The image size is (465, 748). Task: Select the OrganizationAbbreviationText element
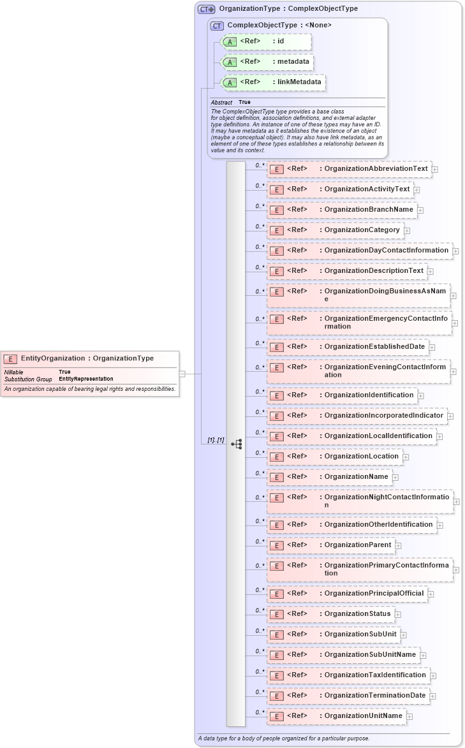349,169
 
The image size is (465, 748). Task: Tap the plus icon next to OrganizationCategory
407,230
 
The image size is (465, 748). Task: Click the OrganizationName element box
329,477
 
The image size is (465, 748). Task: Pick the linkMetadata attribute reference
273,82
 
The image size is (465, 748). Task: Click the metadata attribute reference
267,62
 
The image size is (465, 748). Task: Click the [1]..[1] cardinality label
216,440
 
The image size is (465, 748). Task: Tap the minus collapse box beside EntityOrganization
182,374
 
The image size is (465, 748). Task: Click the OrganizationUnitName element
336,716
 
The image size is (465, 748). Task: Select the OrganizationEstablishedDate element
348,347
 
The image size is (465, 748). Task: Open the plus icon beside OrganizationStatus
398,615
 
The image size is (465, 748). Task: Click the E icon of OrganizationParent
276,546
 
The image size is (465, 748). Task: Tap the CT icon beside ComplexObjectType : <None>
217,25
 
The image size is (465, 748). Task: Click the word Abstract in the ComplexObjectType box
221,102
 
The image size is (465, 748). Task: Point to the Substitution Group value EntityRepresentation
85,379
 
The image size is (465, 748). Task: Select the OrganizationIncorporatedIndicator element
357,416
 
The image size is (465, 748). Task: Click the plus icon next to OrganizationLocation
406,457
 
